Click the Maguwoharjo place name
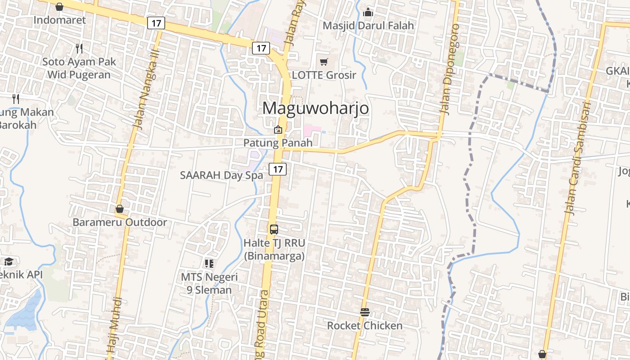coord(315,108)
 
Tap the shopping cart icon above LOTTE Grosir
coord(324,62)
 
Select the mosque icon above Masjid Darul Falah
coord(368,12)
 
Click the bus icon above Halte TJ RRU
coord(274,229)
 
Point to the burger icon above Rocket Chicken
coord(364,312)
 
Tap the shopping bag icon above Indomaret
coord(59,6)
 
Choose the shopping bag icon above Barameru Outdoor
coord(120,209)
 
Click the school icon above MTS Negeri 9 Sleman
coord(209,263)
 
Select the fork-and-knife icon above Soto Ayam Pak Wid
coord(79,48)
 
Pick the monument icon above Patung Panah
coord(278,130)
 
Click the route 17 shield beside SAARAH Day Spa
coord(278,169)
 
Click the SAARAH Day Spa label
coord(221,175)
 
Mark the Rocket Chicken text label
coord(364,325)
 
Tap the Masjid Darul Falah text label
coord(368,26)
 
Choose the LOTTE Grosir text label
coord(324,75)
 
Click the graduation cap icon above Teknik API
coord(8,261)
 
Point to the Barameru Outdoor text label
coord(120,222)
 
